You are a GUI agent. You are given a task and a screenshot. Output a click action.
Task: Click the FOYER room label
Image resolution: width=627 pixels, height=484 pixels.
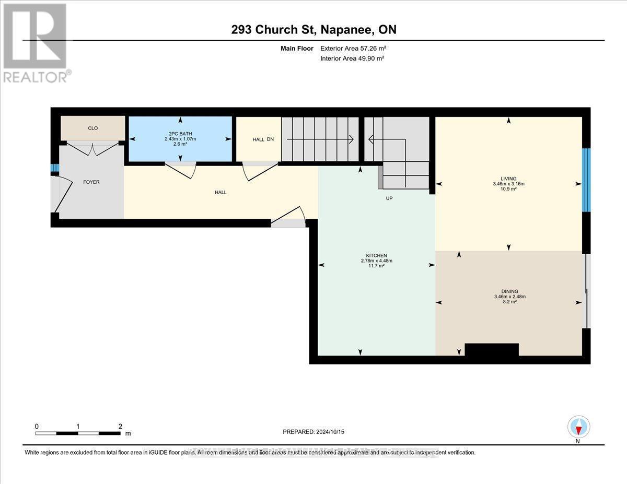[x=91, y=182]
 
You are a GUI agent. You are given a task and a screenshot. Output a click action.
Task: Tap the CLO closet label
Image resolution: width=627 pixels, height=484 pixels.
[x=92, y=128]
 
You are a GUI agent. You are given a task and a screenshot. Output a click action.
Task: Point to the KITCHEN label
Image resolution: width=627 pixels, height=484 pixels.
[x=376, y=255]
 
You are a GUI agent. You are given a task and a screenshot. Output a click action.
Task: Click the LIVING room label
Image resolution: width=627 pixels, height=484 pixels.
[x=508, y=179]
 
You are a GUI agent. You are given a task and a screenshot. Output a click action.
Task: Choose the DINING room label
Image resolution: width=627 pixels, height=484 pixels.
[x=509, y=291]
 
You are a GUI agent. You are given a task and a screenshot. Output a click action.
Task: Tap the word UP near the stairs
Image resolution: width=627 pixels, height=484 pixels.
[x=389, y=198]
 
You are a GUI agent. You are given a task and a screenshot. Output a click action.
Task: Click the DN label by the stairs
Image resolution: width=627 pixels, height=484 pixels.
[x=270, y=139]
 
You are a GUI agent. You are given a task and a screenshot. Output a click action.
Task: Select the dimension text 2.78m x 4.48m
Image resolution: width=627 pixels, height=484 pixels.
[x=376, y=261]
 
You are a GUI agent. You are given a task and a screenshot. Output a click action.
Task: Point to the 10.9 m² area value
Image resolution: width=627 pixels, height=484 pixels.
[x=509, y=189]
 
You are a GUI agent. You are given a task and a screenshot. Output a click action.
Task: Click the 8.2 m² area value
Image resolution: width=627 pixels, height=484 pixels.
[x=509, y=302]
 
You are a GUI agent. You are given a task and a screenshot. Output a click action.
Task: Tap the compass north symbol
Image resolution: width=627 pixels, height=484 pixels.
[x=578, y=427]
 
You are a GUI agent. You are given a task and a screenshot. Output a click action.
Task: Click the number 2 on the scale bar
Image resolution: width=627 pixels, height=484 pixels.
[x=120, y=426]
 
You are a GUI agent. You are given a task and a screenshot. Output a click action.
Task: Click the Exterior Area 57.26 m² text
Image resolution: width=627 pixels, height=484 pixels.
[x=353, y=49]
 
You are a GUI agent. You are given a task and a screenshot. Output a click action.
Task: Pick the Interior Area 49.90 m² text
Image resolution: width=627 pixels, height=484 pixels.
[x=352, y=58]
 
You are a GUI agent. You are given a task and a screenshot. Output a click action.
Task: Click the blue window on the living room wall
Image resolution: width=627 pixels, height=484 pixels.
[x=586, y=180]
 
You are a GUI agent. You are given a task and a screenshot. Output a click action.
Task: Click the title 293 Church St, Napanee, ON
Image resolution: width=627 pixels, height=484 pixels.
[x=313, y=30]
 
